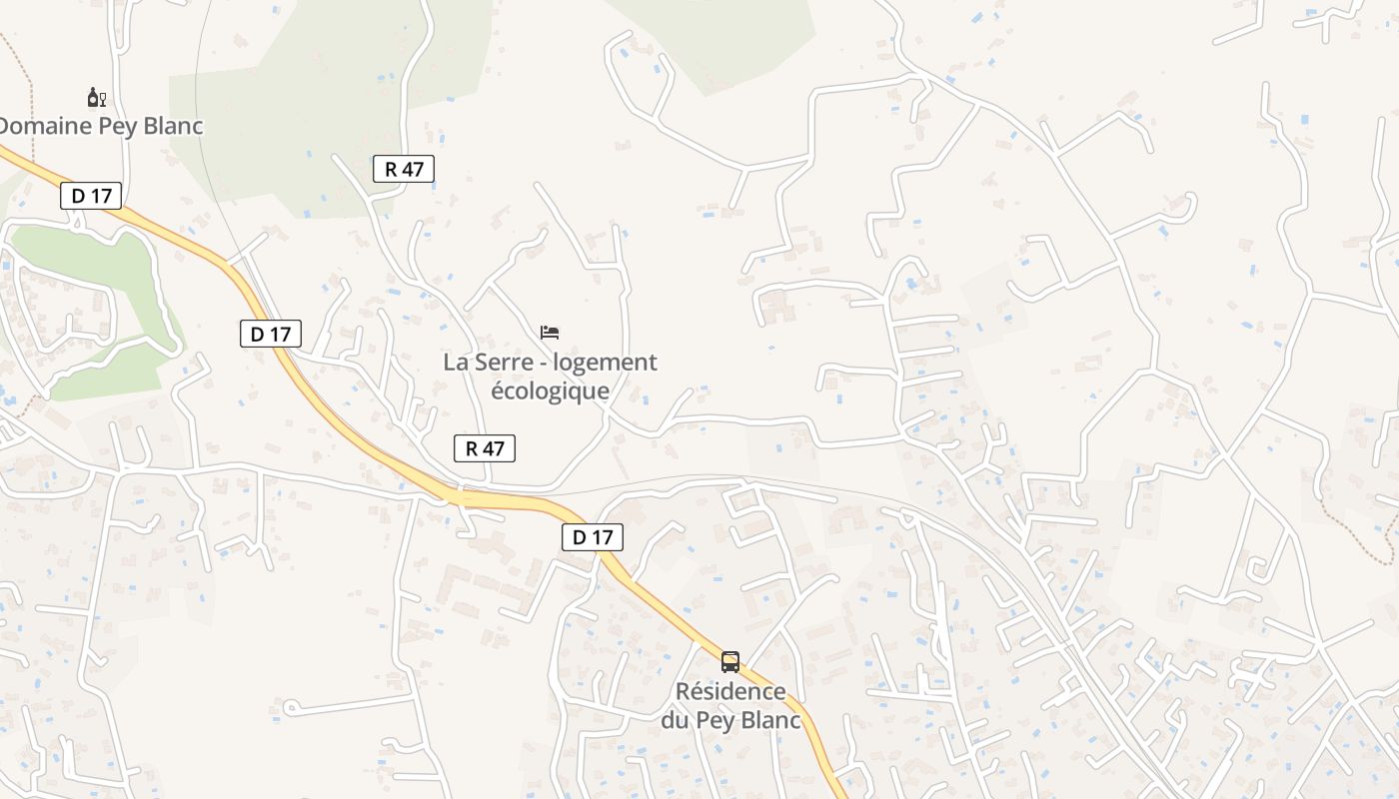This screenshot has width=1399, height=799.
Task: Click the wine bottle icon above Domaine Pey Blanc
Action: point(96,97)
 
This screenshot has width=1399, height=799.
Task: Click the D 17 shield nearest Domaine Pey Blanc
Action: point(92,196)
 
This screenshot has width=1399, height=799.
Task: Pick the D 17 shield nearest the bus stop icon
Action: point(592,537)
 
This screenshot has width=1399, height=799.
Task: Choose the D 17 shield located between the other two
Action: point(270,334)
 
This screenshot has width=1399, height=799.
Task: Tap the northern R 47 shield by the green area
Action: point(404,169)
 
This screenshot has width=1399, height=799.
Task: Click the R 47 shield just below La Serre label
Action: point(485,448)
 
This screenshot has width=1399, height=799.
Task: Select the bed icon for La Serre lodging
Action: point(550,332)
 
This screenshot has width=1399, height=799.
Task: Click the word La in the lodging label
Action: point(456,362)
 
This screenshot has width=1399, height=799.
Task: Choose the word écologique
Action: point(550,391)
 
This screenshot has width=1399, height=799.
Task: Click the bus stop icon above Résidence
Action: point(730,661)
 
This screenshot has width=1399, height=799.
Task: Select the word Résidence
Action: point(730,691)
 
